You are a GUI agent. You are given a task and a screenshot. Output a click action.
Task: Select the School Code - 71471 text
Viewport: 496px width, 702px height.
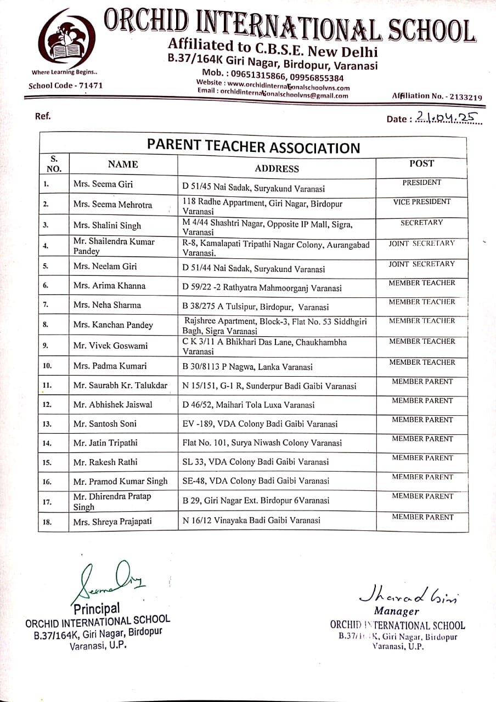coord(65,86)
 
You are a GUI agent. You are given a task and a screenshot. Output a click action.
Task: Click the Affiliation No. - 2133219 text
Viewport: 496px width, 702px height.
coord(437,96)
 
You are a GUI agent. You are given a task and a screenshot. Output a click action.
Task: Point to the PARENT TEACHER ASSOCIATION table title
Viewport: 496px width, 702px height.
coord(253,147)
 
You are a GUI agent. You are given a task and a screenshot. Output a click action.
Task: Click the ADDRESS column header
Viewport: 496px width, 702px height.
coord(277,168)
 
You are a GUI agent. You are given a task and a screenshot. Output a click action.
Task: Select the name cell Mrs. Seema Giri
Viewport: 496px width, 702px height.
coord(103,184)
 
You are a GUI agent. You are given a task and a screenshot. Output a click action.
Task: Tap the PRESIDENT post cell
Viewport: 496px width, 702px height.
coord(421,183)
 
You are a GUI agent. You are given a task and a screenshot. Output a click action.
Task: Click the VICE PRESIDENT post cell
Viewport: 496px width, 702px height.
coord(421,202)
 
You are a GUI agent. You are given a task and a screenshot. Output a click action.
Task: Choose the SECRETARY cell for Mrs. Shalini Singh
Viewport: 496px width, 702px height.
coord(421,223)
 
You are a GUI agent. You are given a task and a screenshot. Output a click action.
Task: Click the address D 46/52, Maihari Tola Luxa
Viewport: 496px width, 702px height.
coord(249,405)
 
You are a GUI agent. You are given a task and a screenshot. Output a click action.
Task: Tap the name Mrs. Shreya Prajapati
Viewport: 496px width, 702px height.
coord(112,522)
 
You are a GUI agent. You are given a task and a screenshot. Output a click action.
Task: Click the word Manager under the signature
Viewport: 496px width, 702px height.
coord(396,611)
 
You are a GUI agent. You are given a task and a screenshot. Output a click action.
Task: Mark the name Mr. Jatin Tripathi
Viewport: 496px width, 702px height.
coord(105,443)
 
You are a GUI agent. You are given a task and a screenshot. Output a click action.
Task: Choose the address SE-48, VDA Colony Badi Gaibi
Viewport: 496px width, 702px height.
coord(256,481)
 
